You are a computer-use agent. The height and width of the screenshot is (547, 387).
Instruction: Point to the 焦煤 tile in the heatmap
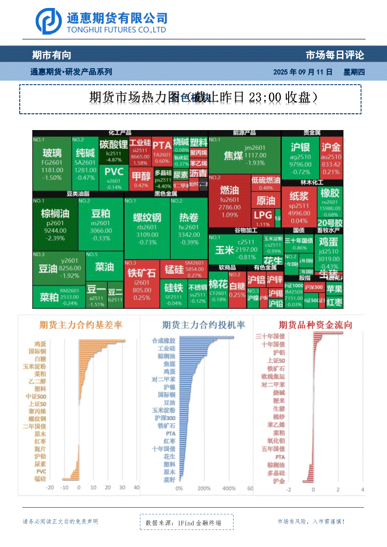tap(244, 155)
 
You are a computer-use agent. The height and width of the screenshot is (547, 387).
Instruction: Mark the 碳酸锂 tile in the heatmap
tap(113, 150)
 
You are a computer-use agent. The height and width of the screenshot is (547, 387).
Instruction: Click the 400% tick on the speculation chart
tap(229, 489)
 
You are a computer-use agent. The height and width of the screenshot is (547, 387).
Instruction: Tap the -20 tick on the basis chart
tap(49, 488)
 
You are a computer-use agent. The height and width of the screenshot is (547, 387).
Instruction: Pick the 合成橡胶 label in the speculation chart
tap(164, 341)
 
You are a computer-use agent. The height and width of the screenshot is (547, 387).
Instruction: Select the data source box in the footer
tap(186, 522)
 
